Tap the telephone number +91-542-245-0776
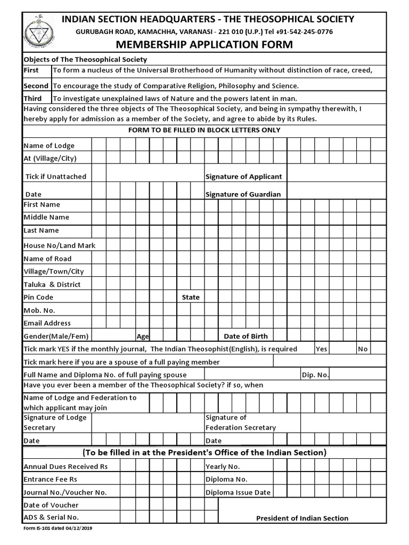click(303, 32)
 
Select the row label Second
click(36, 86)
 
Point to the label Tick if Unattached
click(55, 176)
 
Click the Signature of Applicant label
click(244, 176)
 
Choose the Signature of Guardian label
click(243, 194)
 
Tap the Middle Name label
click(46, 217)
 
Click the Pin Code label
click(38, 297)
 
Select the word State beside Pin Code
click(191, 297)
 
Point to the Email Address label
click(47, 323)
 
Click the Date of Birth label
click(246, 336)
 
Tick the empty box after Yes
click(342, 349)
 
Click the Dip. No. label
click(315, 375)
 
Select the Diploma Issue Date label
click(238, 492)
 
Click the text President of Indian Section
click(302, 518)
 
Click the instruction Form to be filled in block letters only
click(204, 130)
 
